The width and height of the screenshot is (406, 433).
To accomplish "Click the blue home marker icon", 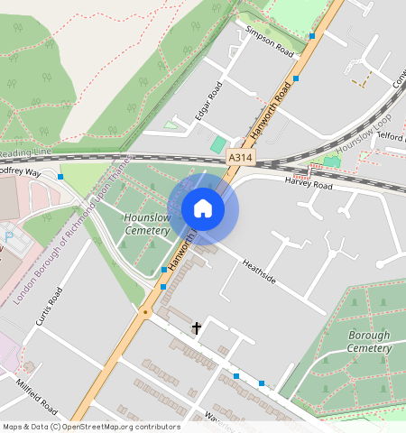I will coord(203,208).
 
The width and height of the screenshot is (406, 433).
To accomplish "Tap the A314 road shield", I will coord(241,157).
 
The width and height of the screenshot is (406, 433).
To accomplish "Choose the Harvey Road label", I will coord(309,185).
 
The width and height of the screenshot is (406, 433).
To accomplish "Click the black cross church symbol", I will coord(197,328).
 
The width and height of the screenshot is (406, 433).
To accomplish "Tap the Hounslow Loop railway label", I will coord(363,134).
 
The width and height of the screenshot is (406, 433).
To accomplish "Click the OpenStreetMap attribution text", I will coord(91,427).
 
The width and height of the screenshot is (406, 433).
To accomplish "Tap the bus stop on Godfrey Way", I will coord(60,177).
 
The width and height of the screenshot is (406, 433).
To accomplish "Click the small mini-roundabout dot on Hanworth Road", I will coord(145,312).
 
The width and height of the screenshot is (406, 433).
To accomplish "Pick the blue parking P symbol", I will coord(10,237).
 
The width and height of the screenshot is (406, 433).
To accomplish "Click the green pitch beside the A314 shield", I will coord(218,144).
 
